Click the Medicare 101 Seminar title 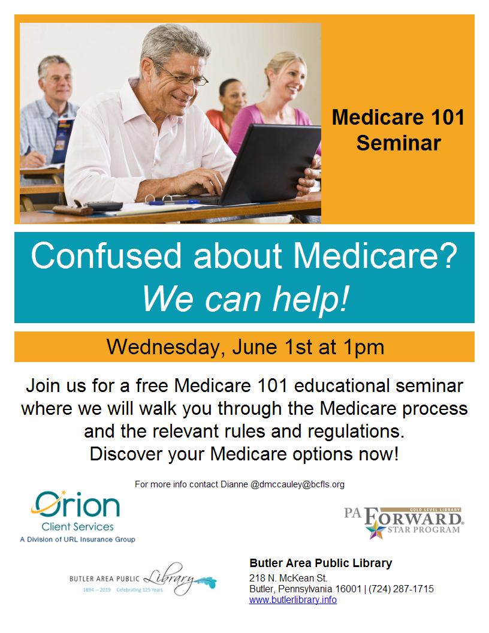tap(399, 130)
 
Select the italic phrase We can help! tap(245, 299)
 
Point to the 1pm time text tap(364, 347)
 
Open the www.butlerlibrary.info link tap(293, 600)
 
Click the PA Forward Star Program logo tap(403, 523)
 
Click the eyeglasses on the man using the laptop tap(182, 75)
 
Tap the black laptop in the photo tap(266, 165)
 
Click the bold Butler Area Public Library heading tap(321, 563)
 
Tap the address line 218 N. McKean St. tap(288, 578)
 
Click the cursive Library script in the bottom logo tap(169, 578)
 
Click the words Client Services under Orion tap(77, 527)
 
